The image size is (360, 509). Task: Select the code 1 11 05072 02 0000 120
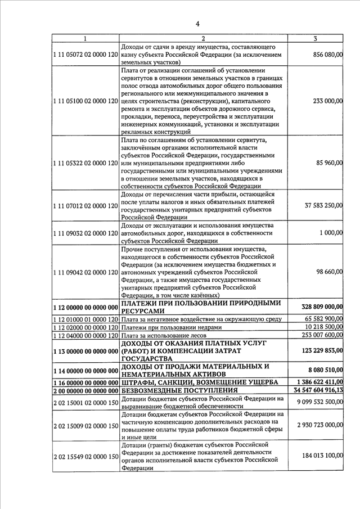click(x=85, y=54)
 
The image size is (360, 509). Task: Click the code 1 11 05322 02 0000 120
click(x=85, y=163)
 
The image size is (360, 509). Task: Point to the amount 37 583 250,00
click(x=319, y=205)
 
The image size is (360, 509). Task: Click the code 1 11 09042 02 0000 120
click(x=85, y=272)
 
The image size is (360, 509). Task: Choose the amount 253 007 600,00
click(x=319, y=335)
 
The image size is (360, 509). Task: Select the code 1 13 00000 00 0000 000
click(x=85, y=350)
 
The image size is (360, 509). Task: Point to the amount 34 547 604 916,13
click(x=314, y=390)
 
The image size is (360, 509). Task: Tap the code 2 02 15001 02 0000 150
click(x=85, y=402)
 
